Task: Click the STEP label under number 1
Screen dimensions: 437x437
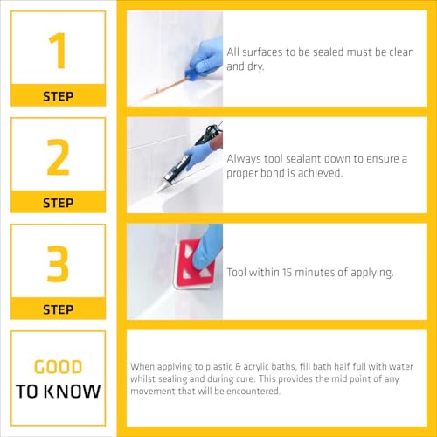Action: point(59,95)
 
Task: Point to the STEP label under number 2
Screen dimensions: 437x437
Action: point(59,203)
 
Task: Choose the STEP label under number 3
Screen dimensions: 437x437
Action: point(59,309)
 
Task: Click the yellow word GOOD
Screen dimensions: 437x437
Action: point(59,367)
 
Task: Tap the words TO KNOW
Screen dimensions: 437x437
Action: point(59,391)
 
